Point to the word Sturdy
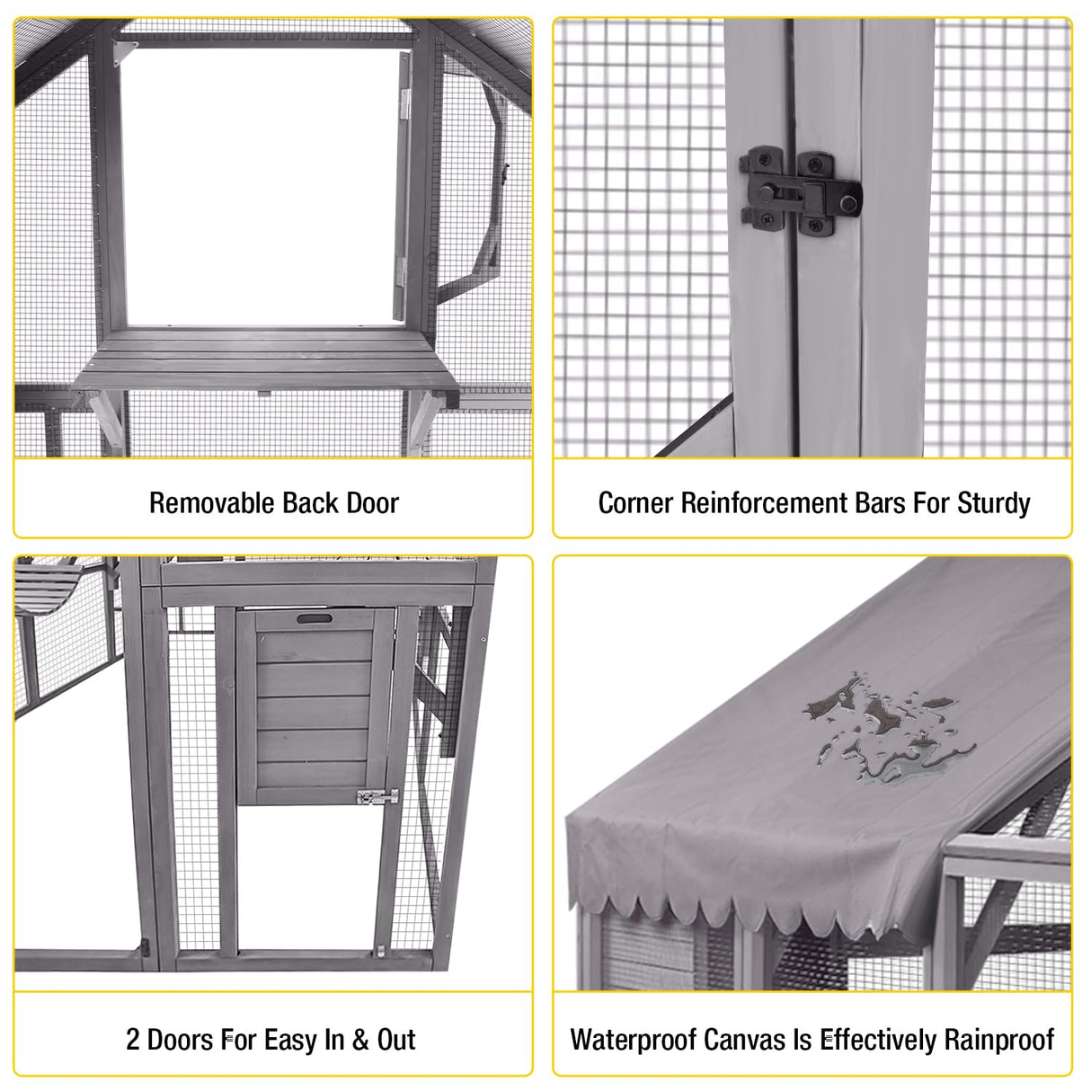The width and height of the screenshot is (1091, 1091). click(x=993, y=503)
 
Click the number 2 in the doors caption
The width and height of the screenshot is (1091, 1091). click(x=133, y=1040)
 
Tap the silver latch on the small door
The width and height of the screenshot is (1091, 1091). click(x=377, y=797)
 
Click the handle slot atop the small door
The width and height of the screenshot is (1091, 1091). click(x=314, y=619)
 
